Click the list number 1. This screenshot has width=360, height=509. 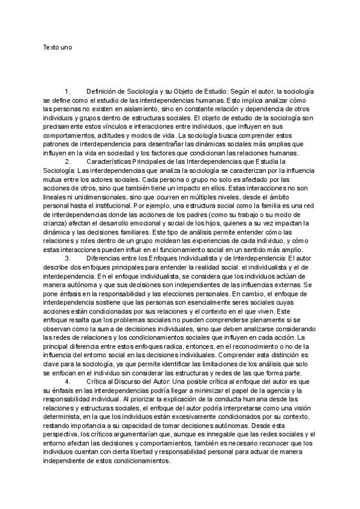(67, 91)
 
